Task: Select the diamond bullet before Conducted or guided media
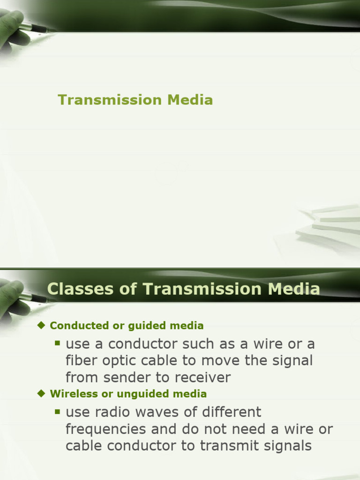click(x=41, y=325)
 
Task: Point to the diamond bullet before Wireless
click(x=41, y=393)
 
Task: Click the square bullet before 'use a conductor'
click(x=58, y=344)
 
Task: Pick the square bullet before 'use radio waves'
click(x=58, y=412)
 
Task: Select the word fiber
click(x=80, y=361)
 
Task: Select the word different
click(x=231, y=412)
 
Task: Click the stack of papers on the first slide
click(x=328, y=223)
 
